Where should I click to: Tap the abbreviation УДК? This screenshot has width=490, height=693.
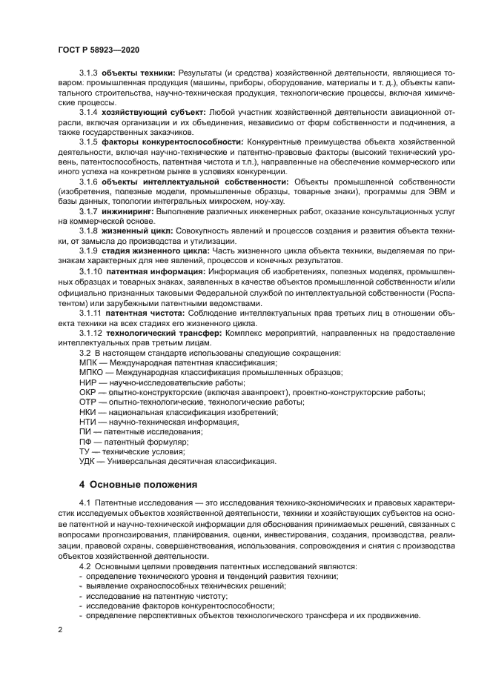coord(87,461)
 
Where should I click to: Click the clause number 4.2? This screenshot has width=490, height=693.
coord(85,566)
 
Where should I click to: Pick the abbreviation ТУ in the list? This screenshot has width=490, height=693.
coord(85,451)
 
